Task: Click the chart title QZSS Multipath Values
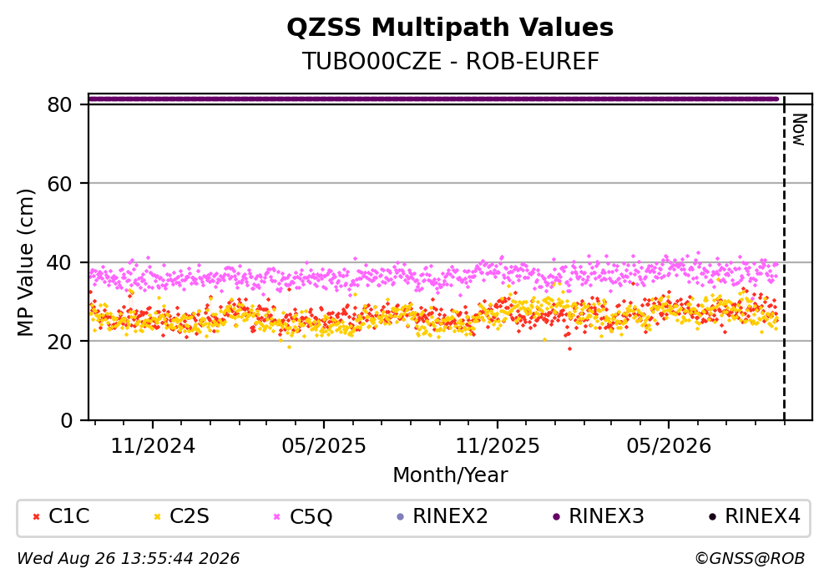(x=450, y=28)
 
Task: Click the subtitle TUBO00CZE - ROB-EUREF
(x=451, y=61)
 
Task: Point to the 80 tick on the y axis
(x=59, y=104)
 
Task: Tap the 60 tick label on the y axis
(x=59, y=184)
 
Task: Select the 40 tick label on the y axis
(x=59, y=262)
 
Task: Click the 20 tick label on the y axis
(x=59, y=341)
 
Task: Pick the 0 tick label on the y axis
(x=66, y=420)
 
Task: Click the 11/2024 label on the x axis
(x=153, y=446)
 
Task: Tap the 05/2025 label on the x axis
(x=324, y=446)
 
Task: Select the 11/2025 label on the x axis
(x=498, y=446)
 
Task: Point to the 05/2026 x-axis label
(x=669, y=446)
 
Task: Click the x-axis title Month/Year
(x=450, y=475)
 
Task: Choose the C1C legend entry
(x=61, y=515)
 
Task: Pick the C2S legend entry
(x=181, y=515)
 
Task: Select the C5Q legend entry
(x=303, y=516)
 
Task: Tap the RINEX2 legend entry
(x=442, y=515)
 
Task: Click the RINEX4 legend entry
(x=755, y=515)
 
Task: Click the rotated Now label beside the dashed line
(x=799, y=129)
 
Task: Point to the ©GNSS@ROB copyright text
(x=750, y=559)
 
